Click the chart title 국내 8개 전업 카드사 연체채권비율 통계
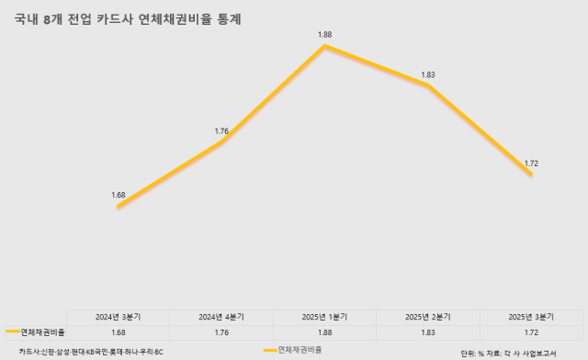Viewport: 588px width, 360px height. point(129,17)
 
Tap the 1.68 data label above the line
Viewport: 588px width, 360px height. point(118,195)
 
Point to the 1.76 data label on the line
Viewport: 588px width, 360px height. point(221,131)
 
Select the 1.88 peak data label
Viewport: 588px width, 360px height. point(324,34)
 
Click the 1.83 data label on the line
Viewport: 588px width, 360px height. point(427,74)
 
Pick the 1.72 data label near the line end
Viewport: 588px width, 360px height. point(531,163)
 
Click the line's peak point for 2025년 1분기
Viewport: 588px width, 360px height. point(324,45)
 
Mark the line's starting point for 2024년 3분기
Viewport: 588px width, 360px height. point(119,207)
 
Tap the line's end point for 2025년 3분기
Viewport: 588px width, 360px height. point(531,174)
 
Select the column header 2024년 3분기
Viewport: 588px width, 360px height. point(118,317)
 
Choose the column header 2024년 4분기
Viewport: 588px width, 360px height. point(221,317)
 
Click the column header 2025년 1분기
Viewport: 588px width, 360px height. point(324,317)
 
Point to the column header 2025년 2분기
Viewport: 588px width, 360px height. point(427,317)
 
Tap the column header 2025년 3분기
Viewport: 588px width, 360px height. point(531,317)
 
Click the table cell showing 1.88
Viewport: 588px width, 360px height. point(324,332)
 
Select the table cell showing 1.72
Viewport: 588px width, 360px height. point(531,332)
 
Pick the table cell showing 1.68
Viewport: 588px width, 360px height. point(118,332)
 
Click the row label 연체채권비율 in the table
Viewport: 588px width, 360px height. point(42,332)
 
